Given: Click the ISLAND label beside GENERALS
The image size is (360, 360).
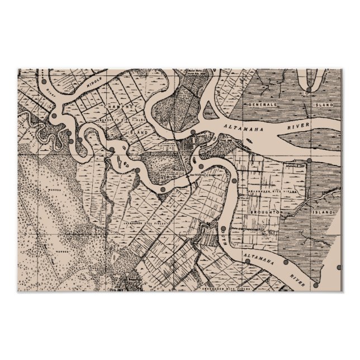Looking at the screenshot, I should [323, 105].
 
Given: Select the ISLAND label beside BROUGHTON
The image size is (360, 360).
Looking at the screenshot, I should [323, 213].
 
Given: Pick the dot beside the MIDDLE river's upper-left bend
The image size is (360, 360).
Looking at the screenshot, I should [44, 83].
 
